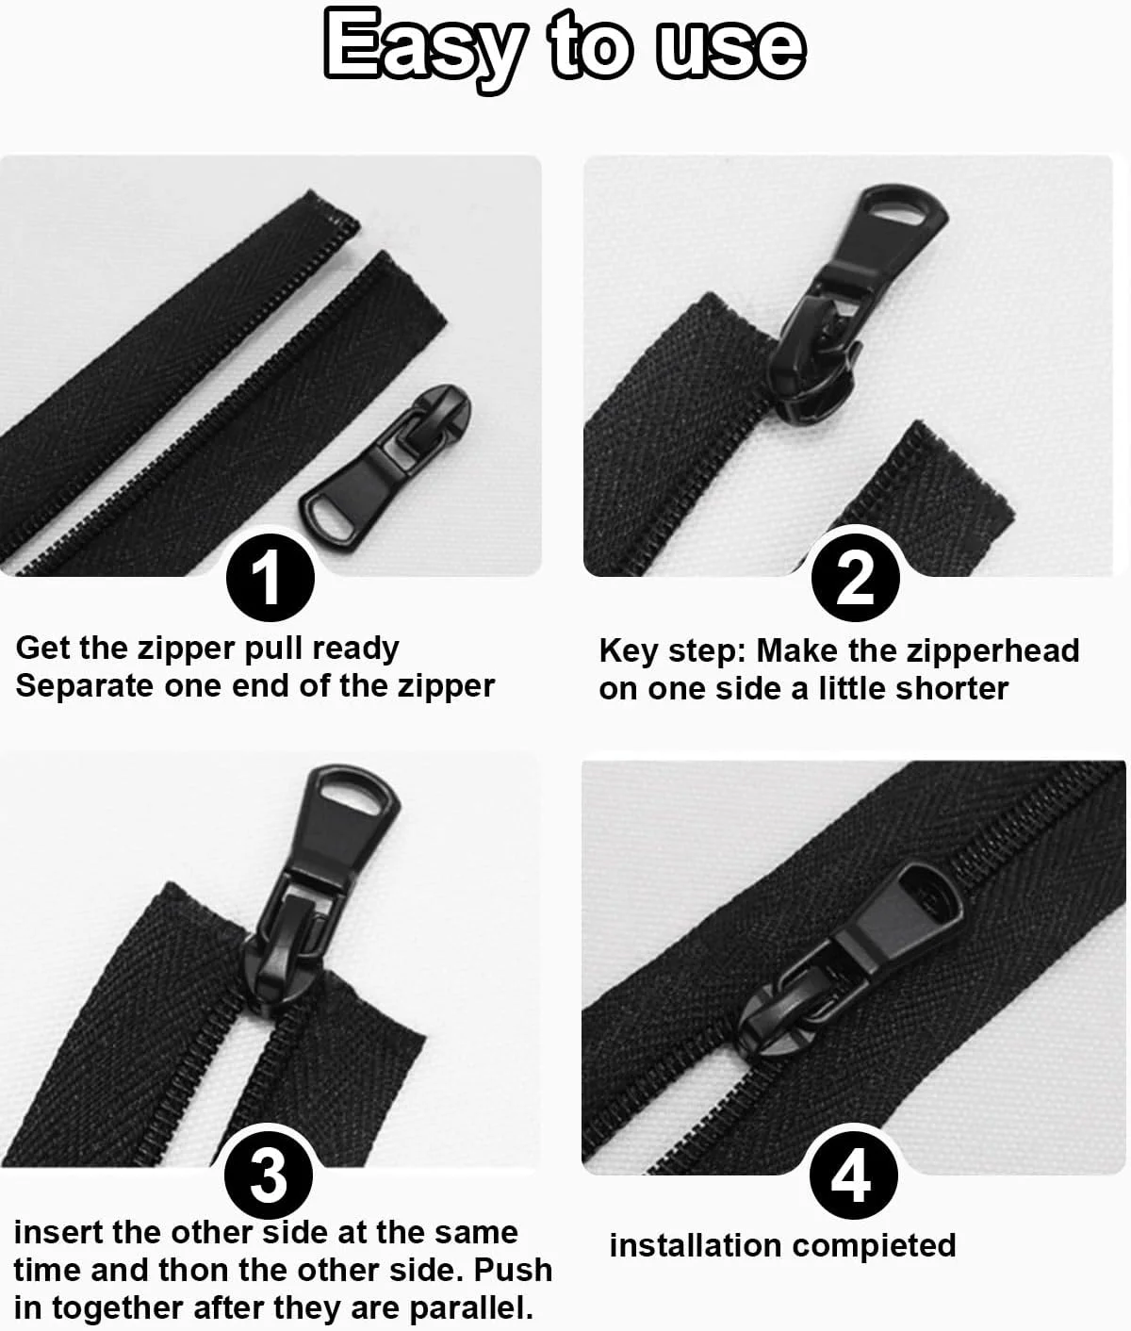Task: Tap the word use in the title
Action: click(x=731, y=49)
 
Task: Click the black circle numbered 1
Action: click(x=270, y=577)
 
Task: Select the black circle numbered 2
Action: click(x=856, y=578)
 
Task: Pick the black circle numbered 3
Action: click(x=269, y=1175)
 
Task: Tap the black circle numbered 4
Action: click(x=854, y=1175)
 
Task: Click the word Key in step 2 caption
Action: click(x=629, y=652)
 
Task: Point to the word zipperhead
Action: click(x=992, y=652)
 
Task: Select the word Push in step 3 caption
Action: click(x=513, y=1270)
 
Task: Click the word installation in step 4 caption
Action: click(x=696, y=1245)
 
